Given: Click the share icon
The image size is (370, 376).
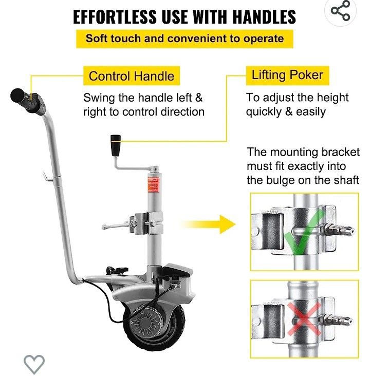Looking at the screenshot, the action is [x=340, y=11].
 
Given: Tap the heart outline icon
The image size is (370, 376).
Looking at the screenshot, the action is [x=34, y=364].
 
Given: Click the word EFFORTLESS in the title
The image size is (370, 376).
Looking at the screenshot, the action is [x=115, y=17].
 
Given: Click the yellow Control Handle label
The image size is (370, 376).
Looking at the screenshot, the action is [x=132, y=76].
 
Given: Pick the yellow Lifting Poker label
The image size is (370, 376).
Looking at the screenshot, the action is [x=287, y=75].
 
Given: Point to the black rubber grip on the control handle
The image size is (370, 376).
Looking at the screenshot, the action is [x=27, y=101].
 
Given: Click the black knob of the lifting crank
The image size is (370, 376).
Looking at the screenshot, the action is [x=116, y=145].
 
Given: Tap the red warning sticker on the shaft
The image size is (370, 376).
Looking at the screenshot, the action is [x=153, y=185].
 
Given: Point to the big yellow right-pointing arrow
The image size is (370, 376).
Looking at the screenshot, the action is [x=208, y=224].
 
